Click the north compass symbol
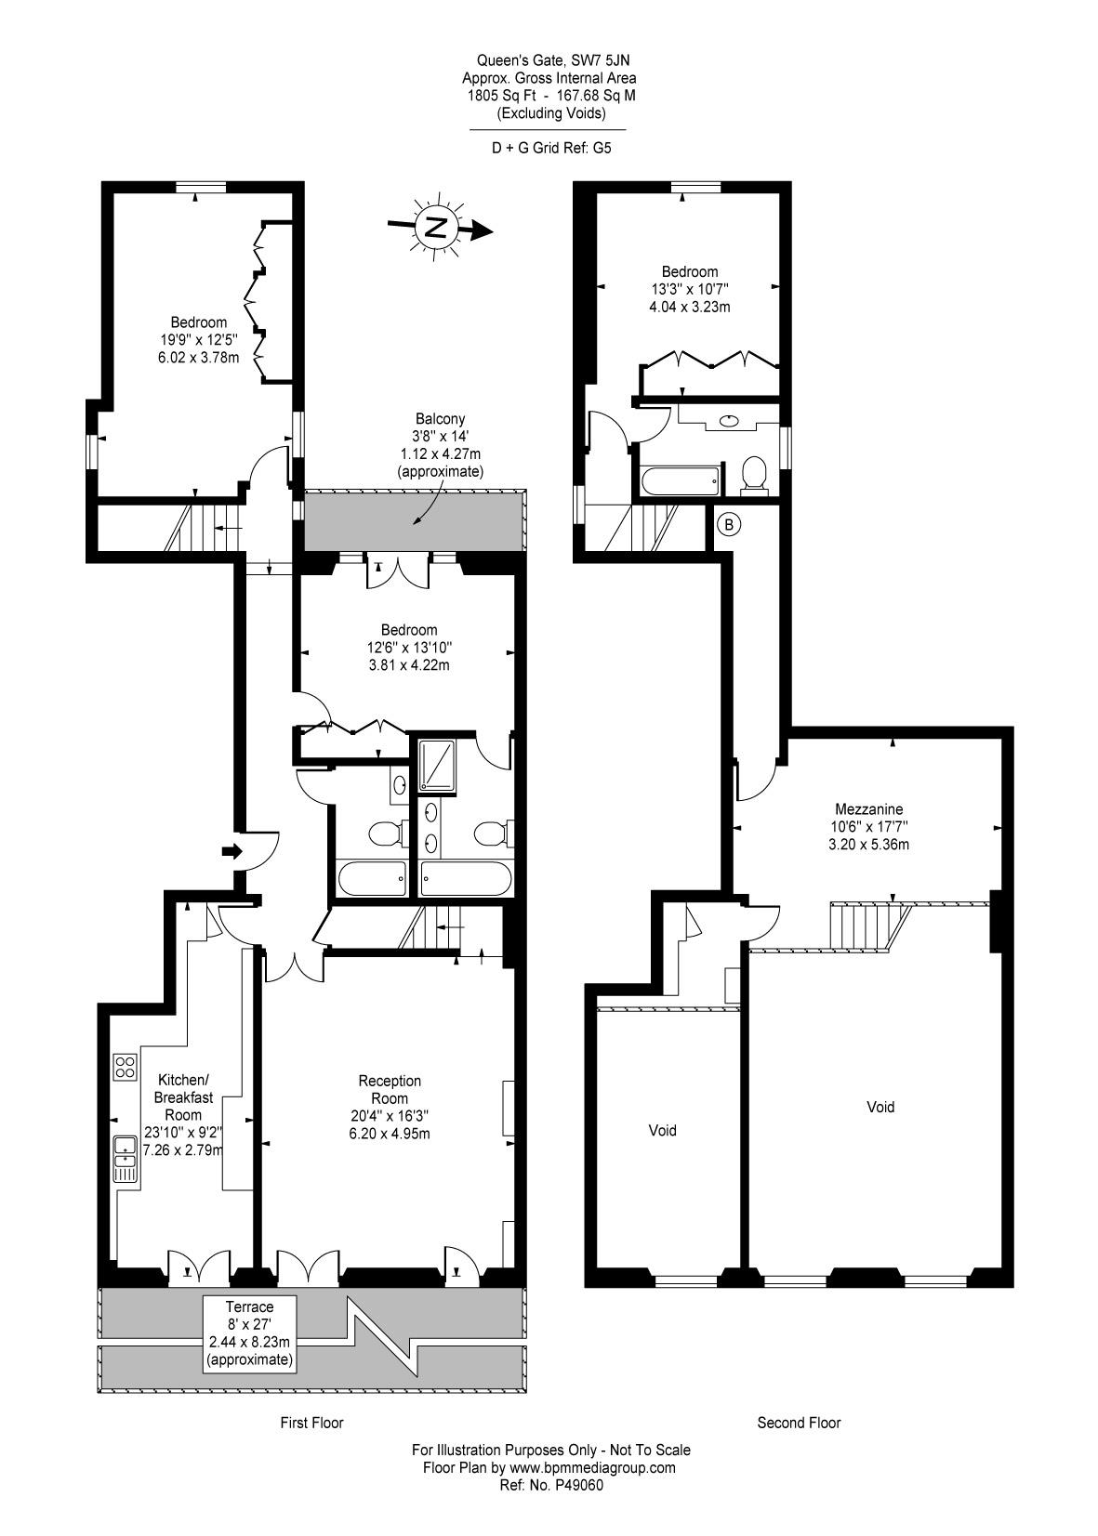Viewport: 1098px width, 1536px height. click(x=439, y=228)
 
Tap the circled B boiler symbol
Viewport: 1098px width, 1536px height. click(x=729, y=525)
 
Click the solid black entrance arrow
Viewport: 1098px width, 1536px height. click(x=232, y=852)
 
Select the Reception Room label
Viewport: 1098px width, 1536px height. click(x=390, y=1090)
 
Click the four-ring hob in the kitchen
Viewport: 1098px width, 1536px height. click(x=125, y=1068)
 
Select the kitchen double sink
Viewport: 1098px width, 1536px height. click(x=126, y=1159)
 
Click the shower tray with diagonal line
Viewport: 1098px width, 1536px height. click(x=436, y=765)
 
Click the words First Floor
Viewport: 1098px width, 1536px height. click(x=311, y=1423)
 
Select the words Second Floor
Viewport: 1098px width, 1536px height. click(x=799, y=1423)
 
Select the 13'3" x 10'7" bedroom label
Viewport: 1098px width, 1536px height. click(x=689, y=289)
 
